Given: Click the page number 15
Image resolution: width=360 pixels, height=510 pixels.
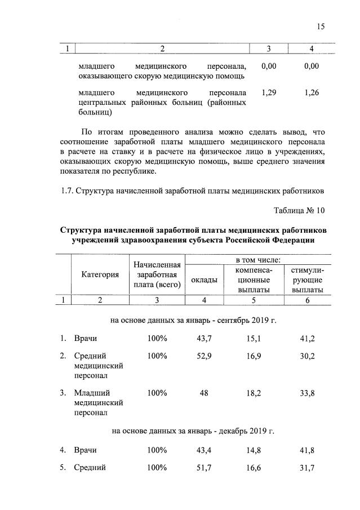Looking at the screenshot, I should pyautogui.click(x=321, y=25).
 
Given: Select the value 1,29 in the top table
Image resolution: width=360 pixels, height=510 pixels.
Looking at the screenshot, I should pyautogui.click(x=269, y=92).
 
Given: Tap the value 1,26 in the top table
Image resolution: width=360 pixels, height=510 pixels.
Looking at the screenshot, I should pyautogui.click(x=311, y=92).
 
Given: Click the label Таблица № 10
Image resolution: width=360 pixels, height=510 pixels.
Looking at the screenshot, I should pyautogui.click(x=300, y=211).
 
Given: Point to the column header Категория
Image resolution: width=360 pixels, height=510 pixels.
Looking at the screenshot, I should pyautogui.click(x=100, y=274).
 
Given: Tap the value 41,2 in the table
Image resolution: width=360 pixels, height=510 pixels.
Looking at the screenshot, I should pyautogui.click(x=307, y=339).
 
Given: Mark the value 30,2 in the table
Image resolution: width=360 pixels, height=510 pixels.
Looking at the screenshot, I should pyautogui.click(x=307, y=356).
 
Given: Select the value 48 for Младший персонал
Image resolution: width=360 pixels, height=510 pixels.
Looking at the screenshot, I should pyautogui.click(x=203, y=393).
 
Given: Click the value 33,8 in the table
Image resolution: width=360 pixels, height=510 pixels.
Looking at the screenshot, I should pyautogui.click(x=307, y=393).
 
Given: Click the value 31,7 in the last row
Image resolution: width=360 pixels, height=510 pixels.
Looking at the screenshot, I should pyautogui.click(x=307, y=468).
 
